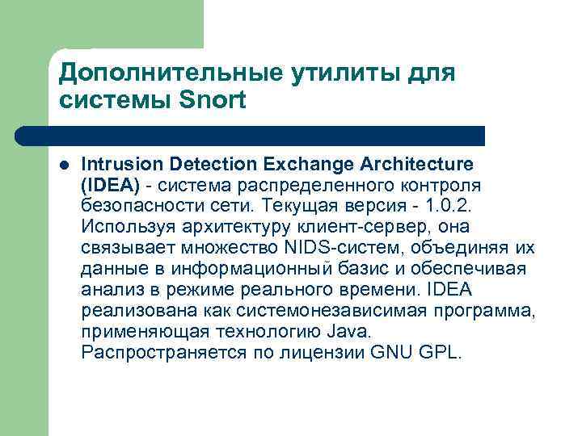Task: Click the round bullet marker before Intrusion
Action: [64, 164]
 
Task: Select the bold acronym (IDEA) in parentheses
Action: [111, 185]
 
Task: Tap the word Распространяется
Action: [154, 353]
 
